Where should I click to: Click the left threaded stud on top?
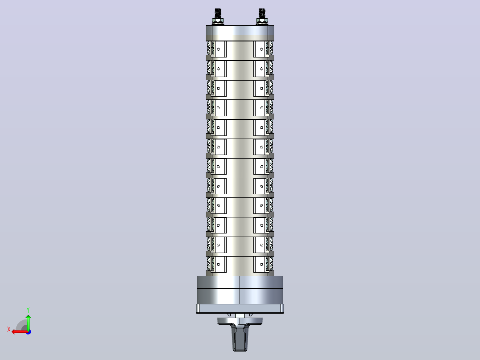[x=218, y=13]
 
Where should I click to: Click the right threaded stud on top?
[x=262, y=13]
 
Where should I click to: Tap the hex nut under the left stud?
[x=218, y=21]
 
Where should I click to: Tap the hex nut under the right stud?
[x=262, y=21]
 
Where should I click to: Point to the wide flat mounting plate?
[x=240, y=309]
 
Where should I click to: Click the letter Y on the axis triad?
[x=28, y=310]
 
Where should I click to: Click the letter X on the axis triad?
[x=9, y=329]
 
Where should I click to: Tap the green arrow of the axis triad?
[x=28, y=322]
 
